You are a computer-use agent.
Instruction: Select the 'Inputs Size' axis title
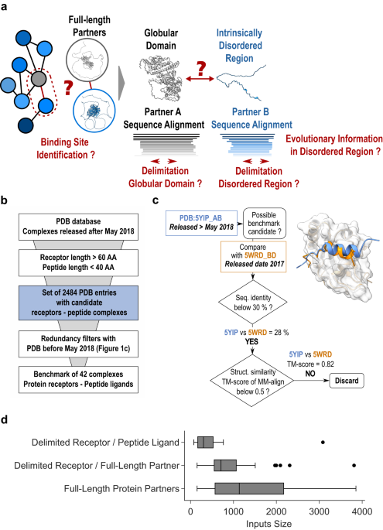pos(275,524)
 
